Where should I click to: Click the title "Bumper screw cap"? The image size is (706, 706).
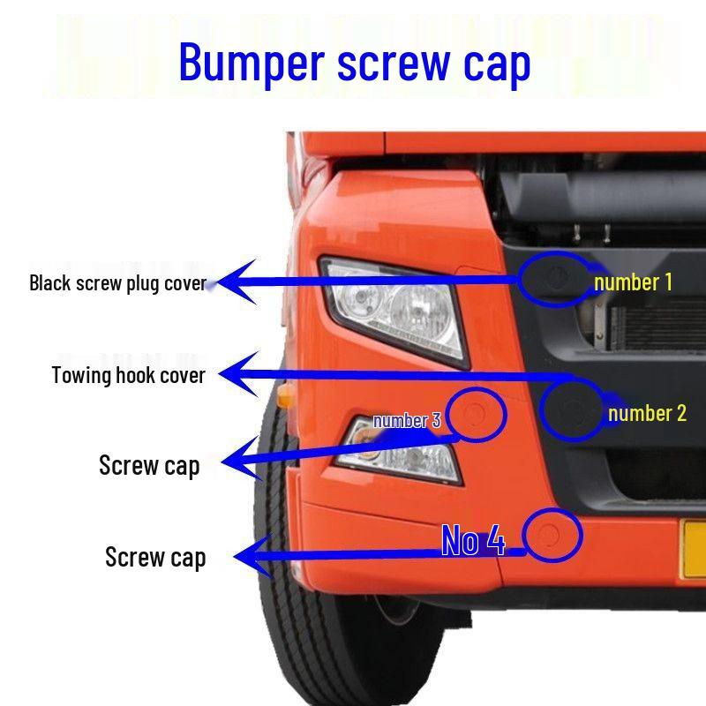[355, 63]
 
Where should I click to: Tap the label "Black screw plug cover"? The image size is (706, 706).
[118, 283]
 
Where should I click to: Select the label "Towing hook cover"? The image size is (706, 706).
[129, 376]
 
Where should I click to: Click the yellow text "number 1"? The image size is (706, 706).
[633, 282]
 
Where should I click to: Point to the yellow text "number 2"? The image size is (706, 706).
[647, 413]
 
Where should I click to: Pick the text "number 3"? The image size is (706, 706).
[407, 421]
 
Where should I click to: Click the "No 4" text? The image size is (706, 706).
[473, 540]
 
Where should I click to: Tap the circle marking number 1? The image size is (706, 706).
[519, 279]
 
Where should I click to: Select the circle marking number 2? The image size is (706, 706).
[540, 409]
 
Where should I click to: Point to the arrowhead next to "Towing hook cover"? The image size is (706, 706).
[238, 374]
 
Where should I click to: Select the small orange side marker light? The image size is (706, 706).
[286, 395]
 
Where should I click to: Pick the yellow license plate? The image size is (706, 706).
[693, 548]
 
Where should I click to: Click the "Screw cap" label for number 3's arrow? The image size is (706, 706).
[149, 466]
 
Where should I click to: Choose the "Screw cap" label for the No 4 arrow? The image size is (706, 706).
[155, 558]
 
